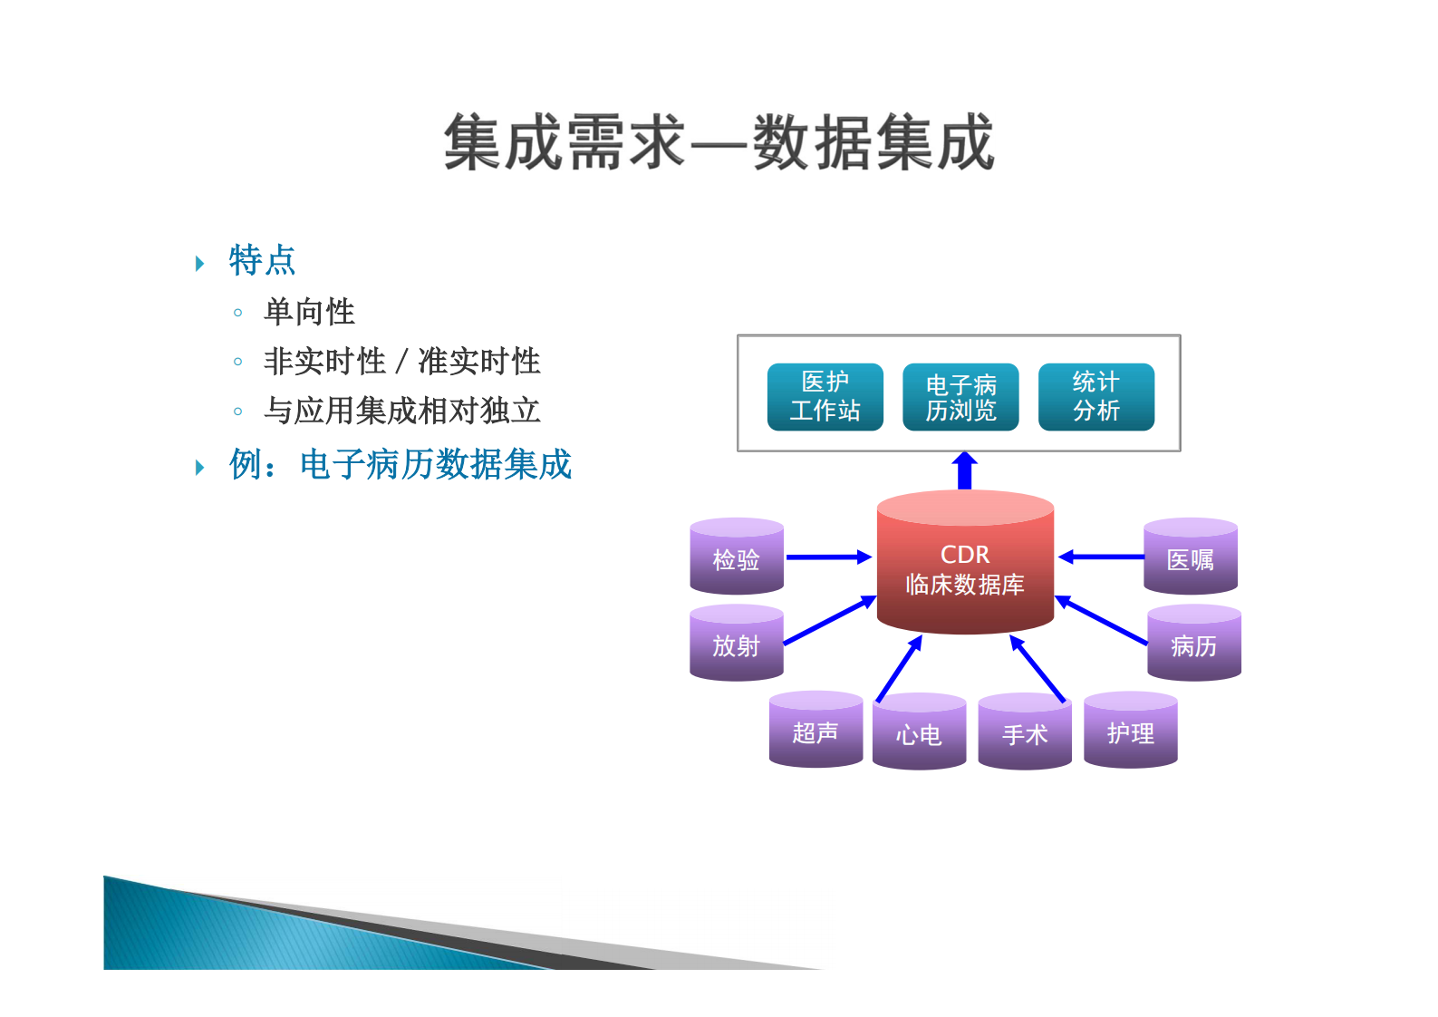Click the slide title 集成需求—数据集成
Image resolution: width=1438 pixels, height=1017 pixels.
click(x=719, y=143)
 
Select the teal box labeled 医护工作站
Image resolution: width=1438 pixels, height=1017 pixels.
click(x=825, y=397)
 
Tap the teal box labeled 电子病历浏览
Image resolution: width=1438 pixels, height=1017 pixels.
click(x=960, y=397)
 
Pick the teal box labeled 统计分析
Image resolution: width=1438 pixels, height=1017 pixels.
click(x=1095, y=397)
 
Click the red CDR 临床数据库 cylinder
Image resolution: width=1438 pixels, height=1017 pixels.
click(x=965, y=569)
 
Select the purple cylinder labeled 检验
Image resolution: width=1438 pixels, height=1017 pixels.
click(x=736, y=559)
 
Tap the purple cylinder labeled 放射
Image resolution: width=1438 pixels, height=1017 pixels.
click(x=736, y=645)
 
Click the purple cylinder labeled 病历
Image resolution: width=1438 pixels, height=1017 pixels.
click(x=1193, y=645)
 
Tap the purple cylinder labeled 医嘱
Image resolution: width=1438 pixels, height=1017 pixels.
click(x=1190, y=559)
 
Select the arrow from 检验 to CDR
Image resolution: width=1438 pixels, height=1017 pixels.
click(x=827, y=557)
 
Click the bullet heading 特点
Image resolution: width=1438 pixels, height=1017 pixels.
click(x=262, y=261)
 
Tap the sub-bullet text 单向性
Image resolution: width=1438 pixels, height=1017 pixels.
click(x=309, y=312)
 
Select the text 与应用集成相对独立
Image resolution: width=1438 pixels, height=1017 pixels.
click(x=401, y=411)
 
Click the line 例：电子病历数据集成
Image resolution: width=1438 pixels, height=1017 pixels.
click(x=400, y=465)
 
